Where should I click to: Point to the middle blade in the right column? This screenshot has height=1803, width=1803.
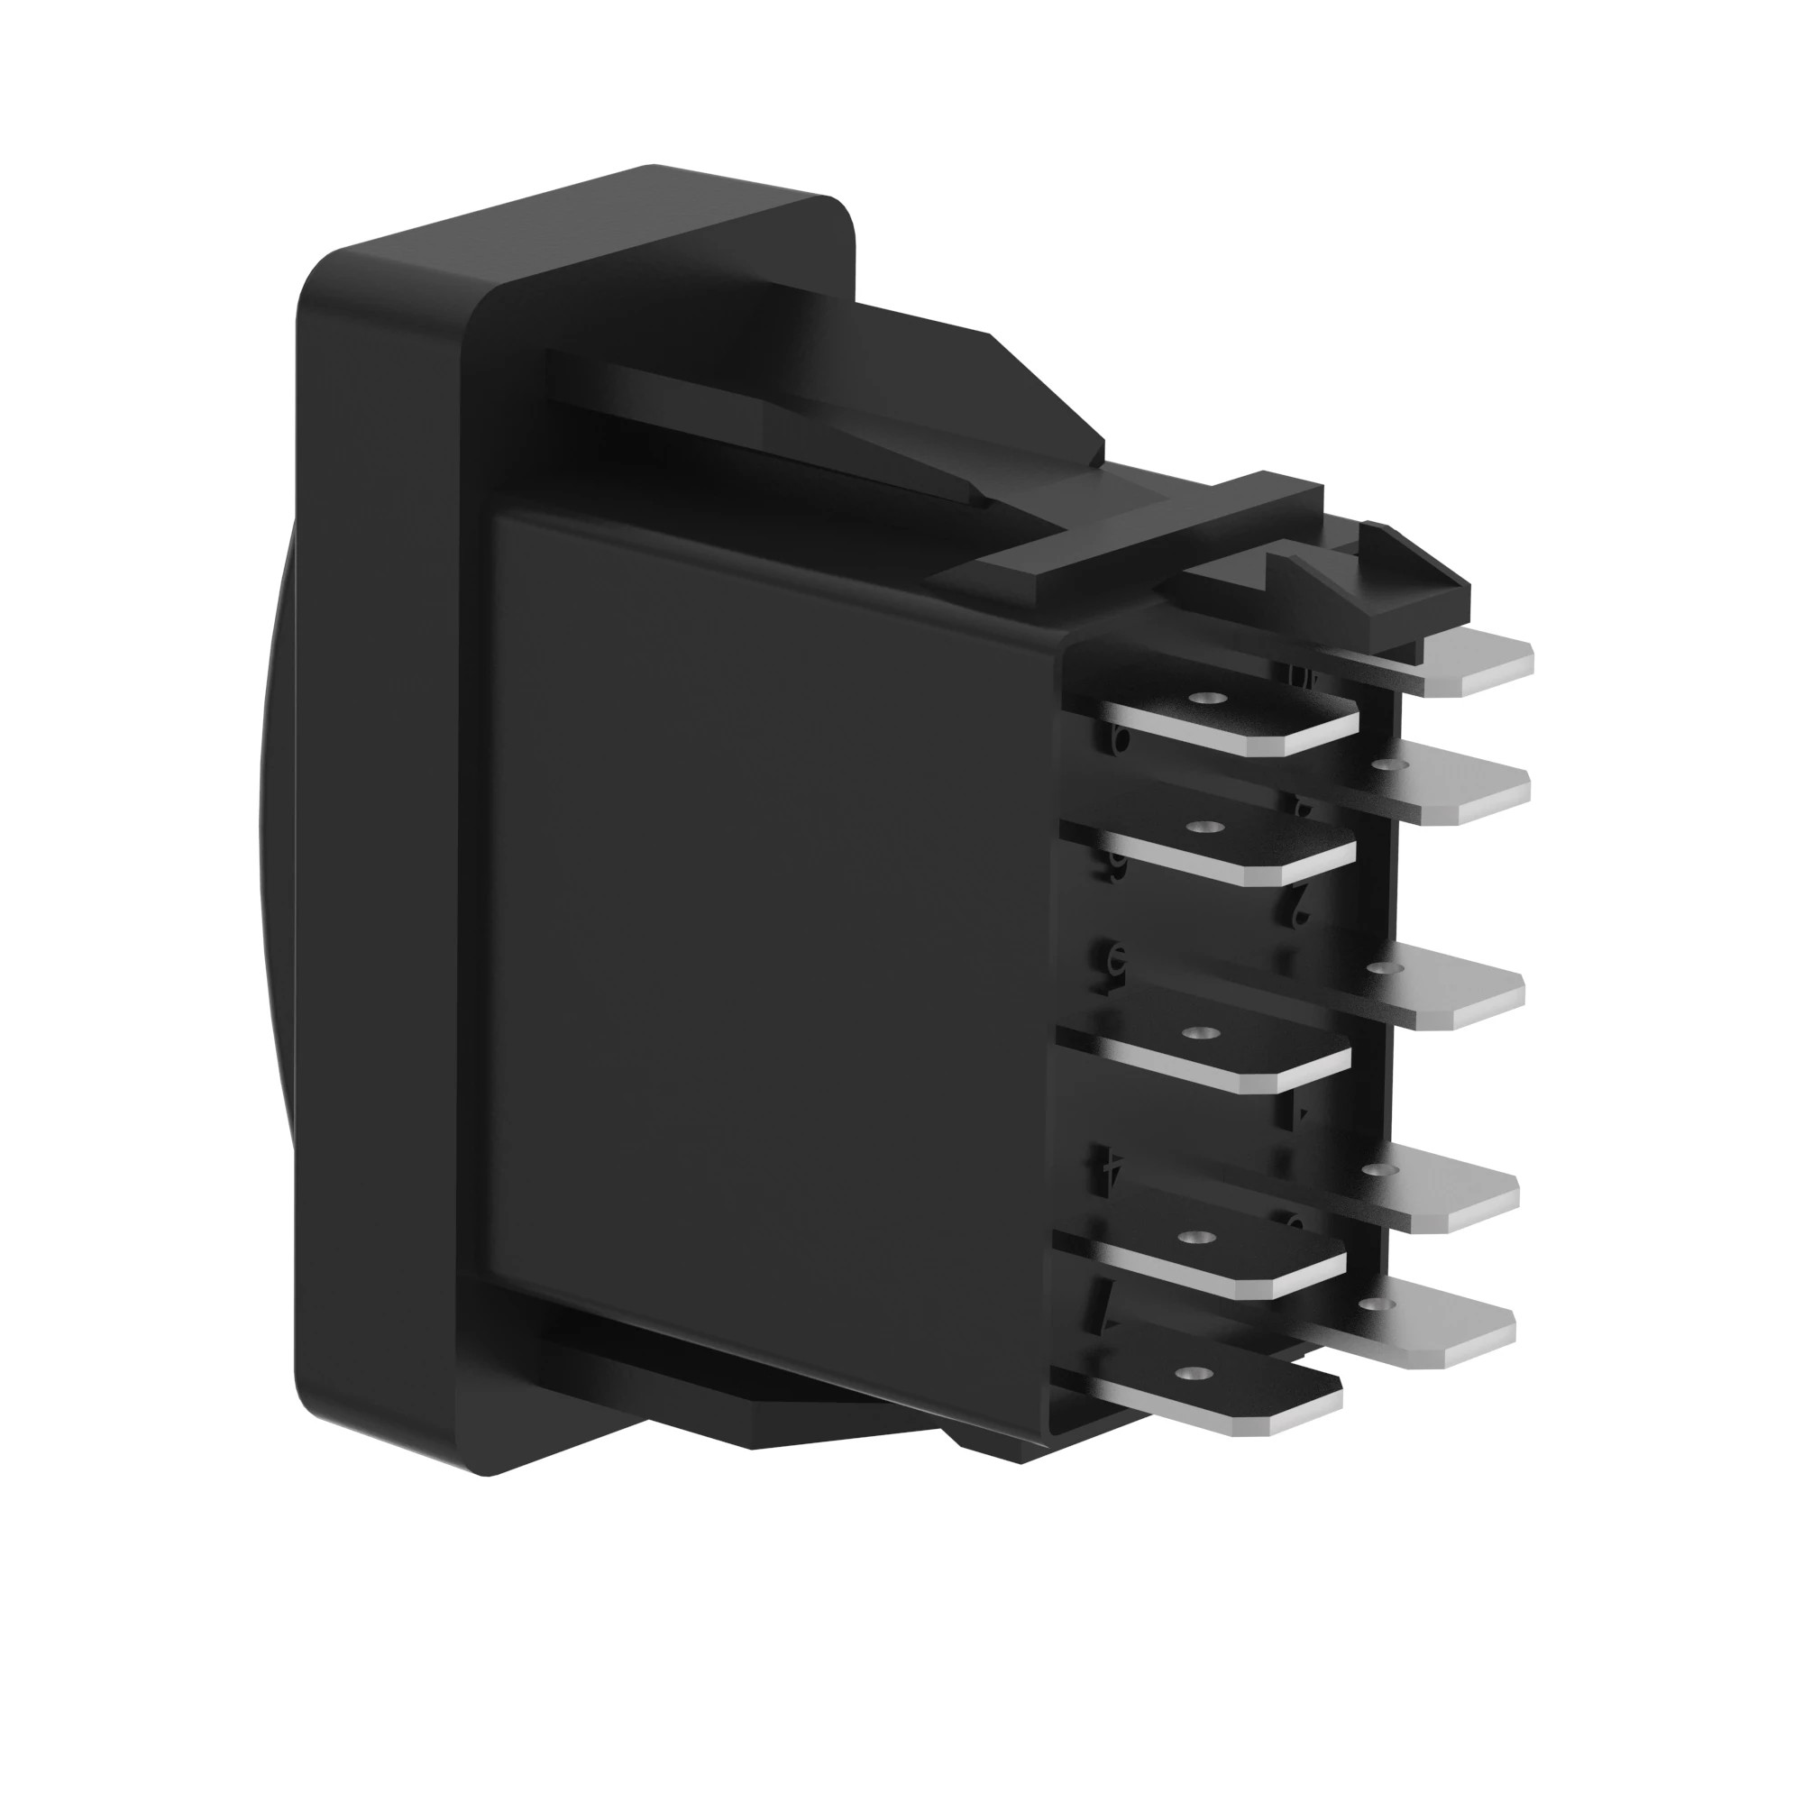coord(1456,993)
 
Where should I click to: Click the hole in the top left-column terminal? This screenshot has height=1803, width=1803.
coord(1211,698)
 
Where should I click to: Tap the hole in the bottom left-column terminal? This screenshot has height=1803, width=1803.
coord(1189,1374)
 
